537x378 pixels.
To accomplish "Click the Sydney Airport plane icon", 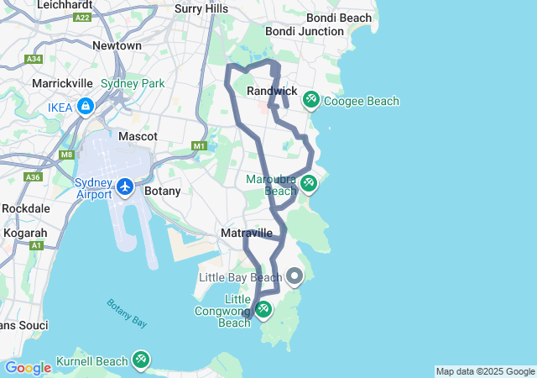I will coord(125,186).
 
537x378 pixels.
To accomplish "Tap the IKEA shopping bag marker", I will coord(85,107).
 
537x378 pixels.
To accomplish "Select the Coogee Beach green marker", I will coord(310,100).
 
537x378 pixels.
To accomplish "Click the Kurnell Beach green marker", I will coord(140,361).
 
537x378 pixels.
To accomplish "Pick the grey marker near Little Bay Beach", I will coord(295,276).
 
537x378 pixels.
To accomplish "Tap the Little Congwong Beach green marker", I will coord(263,310).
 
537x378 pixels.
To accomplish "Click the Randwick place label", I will coord(272,91).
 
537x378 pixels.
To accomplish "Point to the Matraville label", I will coord(246,233).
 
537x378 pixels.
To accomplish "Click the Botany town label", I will coord(162,191).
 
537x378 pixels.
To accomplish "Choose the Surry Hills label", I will coord(201,8).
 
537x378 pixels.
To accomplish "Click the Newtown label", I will coord(117,45).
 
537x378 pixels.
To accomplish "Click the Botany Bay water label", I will coord(127,312).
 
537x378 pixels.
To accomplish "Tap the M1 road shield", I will coord(199,146).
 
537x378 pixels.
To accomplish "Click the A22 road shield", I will coord(82,16).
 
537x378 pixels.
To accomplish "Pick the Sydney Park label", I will coord(133,83).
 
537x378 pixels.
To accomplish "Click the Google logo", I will coord(28,368).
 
